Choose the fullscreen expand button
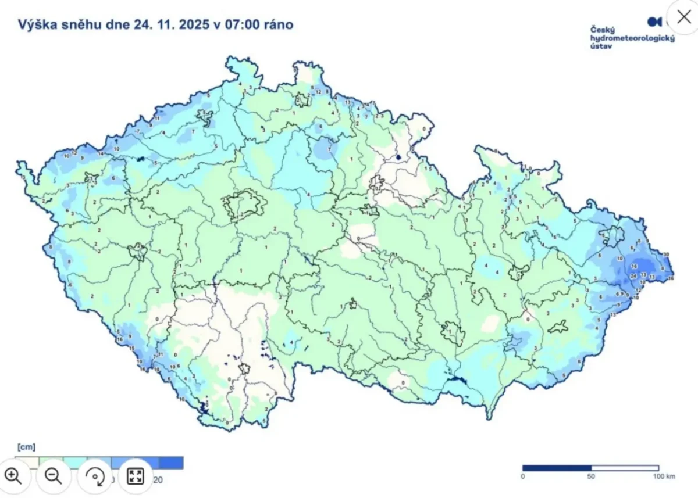pyautogui.click(x=135, y=476)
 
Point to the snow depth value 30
pyautogui.click(x=665, y=255)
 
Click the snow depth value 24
pyautogui.click(x=633, y=276)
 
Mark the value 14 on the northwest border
pyautogui.click(x=101, y=154)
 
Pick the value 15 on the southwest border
pyautogui.click(x=131, y=348)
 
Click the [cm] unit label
pyautogui.click(x=26, y=447)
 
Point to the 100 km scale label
pyautogui.click(x=663, y=476)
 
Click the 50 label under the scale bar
pyautogui.click(x=591, y=476)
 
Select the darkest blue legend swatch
pyautogui.click(x=171, y=463)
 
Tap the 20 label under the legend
pyautogui.click(x=158, y=480)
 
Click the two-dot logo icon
pyautogui.click(x=655, y=22)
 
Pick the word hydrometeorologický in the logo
pyautogui.click(x=632, y=38)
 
